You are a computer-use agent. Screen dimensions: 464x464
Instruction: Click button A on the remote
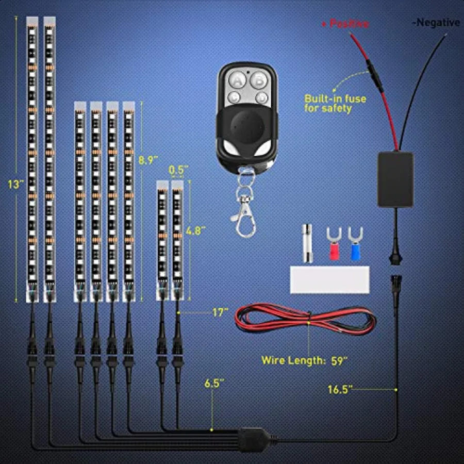click(238, 80)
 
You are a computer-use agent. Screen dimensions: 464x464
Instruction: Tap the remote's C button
click(236, 96)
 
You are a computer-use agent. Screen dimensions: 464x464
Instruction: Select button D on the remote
click(261, 97)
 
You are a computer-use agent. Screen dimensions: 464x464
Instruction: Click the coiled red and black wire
click(307, 320)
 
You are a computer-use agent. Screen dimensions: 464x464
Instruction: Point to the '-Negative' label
click(436, 22)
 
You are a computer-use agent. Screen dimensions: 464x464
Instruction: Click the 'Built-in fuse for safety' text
click(335, 103)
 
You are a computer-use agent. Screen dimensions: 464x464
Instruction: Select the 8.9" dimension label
click(147, 160)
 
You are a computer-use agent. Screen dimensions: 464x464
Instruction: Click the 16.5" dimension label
click(339, 389)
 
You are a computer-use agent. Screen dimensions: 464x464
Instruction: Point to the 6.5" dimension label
click(215, 383)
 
